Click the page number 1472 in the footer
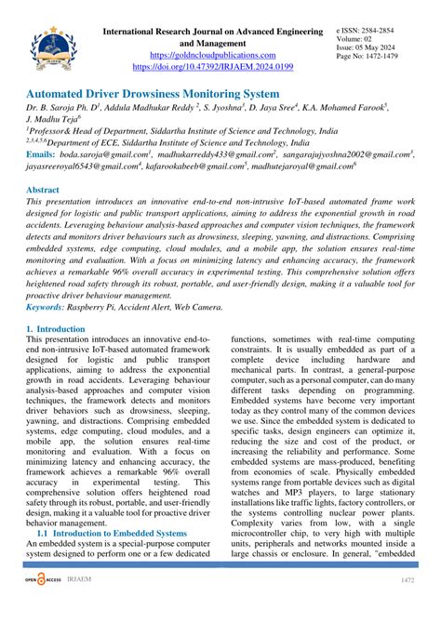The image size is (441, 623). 407,607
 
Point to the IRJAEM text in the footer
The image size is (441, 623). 84,605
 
